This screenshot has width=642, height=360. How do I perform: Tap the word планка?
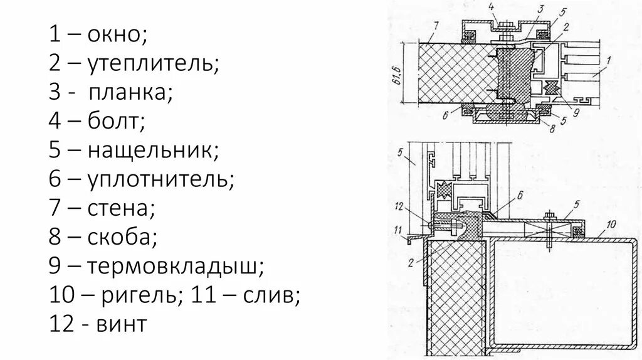(130, 92)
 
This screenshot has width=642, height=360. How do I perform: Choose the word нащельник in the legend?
(153, 151)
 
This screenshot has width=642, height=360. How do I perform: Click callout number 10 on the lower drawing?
(612, 223)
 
